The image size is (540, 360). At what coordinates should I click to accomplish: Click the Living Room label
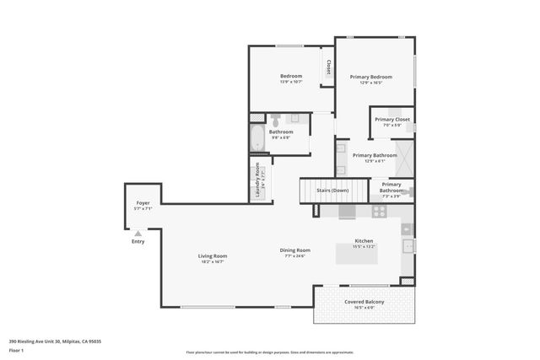pyautogui.click(x=213, y=256)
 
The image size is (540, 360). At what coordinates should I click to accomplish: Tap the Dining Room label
pyautogui.click(x=295, y=250)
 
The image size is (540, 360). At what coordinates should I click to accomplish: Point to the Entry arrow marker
pyautogui.click(x=138, y=234)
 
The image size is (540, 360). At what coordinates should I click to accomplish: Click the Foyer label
pyautogui.click(x=143, y=203)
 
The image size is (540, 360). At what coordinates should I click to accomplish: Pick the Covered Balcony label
pyautogui.click(x=364, y=301)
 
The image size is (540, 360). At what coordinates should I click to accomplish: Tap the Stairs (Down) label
pyautogui.click(x=332, y=191)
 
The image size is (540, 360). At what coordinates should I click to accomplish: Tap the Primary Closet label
pyautogui.click(x=391, y=120)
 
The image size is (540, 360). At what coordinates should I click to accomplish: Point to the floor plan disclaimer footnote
pyautogui.click(x=269, y=352)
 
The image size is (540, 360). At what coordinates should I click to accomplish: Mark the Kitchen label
pyautogui.click(x=364, y=240)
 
